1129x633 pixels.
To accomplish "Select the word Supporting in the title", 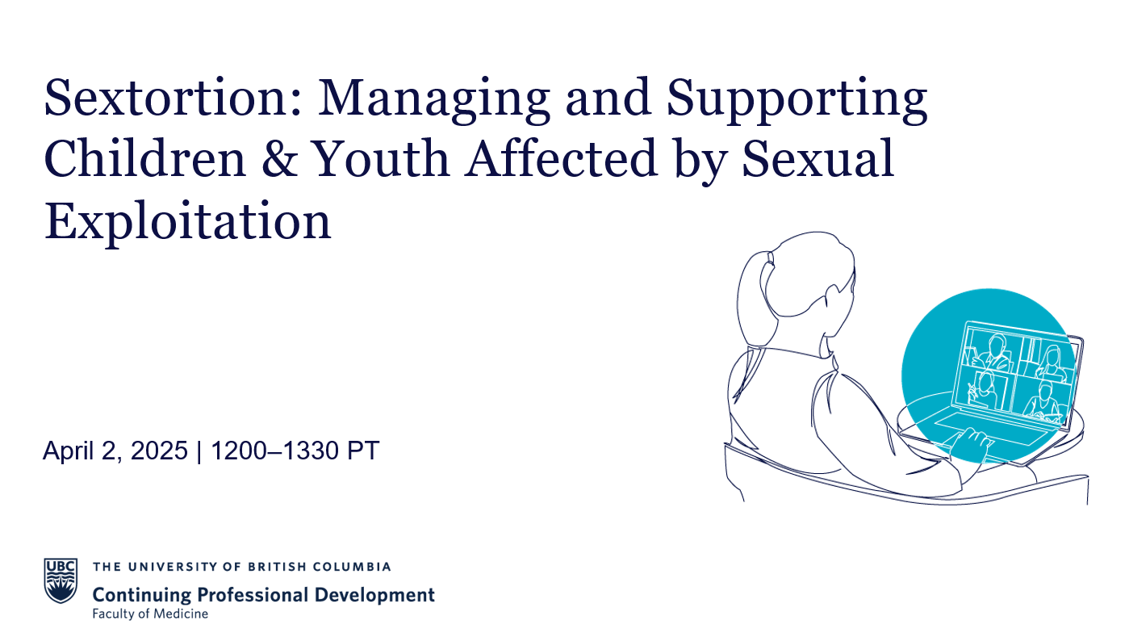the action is tap(797, 100).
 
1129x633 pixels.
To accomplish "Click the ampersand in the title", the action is tap(280, 158).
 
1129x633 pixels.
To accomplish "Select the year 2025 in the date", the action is tap(159, 451).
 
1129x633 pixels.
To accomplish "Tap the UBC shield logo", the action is tap(61, 581).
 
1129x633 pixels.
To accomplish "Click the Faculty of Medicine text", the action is tap(150, 614).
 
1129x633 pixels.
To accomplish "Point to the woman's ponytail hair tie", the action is tap(771, 258).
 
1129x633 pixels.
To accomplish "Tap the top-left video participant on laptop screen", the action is tap(991, 353).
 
